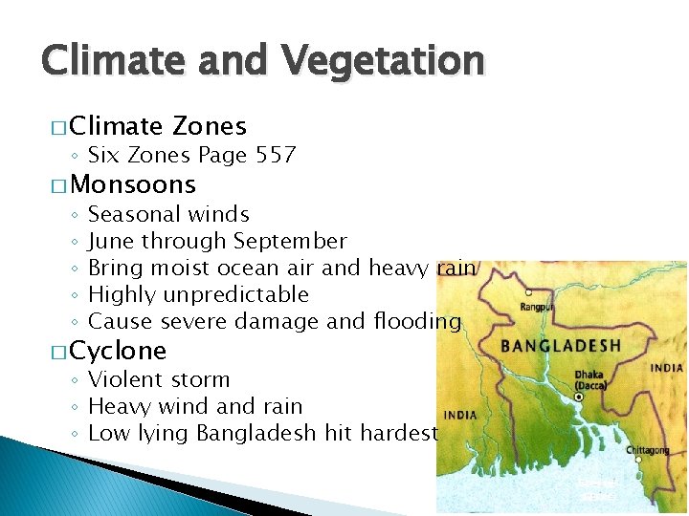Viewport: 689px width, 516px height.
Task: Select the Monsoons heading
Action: click(133, 184)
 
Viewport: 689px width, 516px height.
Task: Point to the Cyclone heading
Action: click(118, 350)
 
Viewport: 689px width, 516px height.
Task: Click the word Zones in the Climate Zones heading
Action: click(210, 125)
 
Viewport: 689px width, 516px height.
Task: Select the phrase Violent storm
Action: click(159, 379)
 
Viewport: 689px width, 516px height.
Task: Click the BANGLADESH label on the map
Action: click(561, 345)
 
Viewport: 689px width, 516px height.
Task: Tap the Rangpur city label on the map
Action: click(537, 307)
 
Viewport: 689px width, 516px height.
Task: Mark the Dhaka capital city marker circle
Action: click(578, 396)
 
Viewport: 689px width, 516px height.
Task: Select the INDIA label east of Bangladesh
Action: click(667, 368)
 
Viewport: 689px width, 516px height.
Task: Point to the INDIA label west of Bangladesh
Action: click(460, 415)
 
